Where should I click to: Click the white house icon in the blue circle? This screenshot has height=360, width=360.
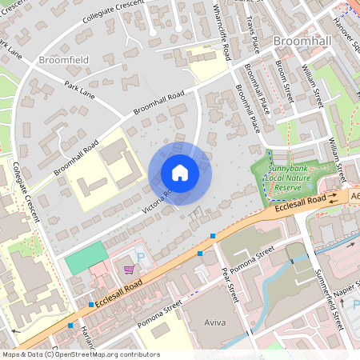(x=180, y=173)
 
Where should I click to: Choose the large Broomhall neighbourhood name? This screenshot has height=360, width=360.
(x=300, y=40)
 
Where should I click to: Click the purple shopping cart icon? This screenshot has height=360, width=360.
(x=128, y=270)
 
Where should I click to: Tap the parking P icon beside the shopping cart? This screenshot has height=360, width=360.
(x=142, y=258)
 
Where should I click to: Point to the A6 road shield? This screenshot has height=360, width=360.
(x=354, y=194)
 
